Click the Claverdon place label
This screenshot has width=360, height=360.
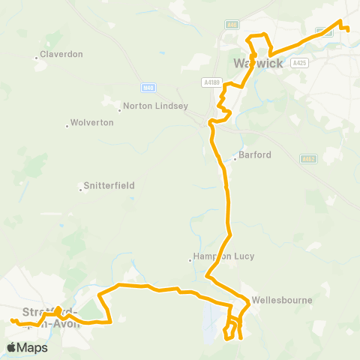pos(61,55)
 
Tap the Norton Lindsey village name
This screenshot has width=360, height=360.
pos(155,106)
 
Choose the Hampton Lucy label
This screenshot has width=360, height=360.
pos(224,256)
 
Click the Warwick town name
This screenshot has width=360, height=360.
pos(259,63)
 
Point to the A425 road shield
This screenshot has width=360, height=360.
pos(300,63)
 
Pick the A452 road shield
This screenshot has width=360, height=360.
pos(307,159)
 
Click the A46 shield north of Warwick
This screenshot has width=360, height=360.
pos(232,25)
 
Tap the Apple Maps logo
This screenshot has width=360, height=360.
pos(27,347)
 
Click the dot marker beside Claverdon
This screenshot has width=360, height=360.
pos(37,55)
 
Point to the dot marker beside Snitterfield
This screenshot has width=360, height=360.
pos(81,185)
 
